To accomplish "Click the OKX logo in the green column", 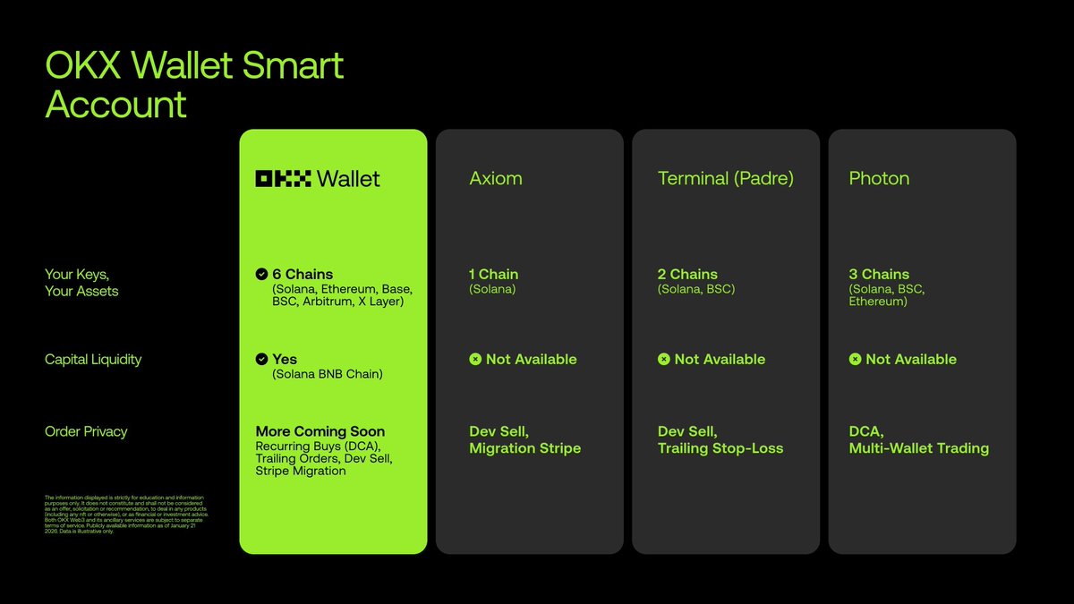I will pyautogui.click(x=283, y=178).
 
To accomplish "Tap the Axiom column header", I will pyautogui.click(x=496, y=178).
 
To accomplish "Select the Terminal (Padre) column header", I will pyautogui.click(x=725, y=178).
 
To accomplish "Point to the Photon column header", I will pyautogui.click(x=879, y=178).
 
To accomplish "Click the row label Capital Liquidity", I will pyautogui.click(x=93, y=360).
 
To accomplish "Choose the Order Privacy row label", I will pyautogui.click(x=86, y=431).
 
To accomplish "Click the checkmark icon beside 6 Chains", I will pyautogui.click(x=261, y=274).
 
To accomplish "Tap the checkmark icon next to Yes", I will pyautogui.click(x=261, y=359).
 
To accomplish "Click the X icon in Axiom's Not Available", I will pyautogui.click(x=475, y=360).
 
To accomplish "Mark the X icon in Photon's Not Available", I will pyautogui.click(x=855, y=360).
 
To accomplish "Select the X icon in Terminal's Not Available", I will pyautogui.click(x=663, y=360).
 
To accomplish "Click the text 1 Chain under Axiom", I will pyautogui.click(x=493, y=274).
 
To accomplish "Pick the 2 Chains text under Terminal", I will pyautogui.click(x=687, y=274).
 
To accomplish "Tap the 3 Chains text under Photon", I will pyautogui.click(x=879, y=274).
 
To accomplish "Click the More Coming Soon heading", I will pyautogui.click(x=320, y=431).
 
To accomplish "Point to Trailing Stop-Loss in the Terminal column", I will pyautogui.click(x=720, y=448).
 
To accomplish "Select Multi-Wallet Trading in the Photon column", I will pyautogui.click(x=918, y=448).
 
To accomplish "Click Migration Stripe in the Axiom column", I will pyautogui.click(x=524, y=448).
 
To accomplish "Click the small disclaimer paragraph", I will pyautogui.click(x=125, y=515).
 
